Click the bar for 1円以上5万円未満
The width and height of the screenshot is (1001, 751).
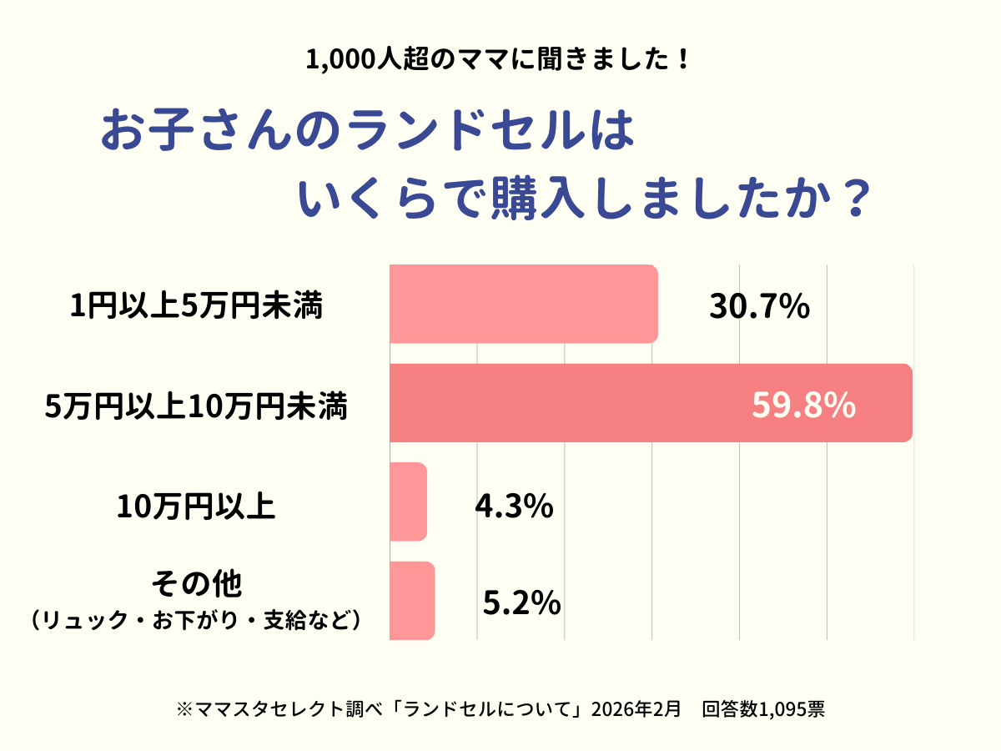[x=523, y=304]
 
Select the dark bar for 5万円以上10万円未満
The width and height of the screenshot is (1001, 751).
[x=651, y=403]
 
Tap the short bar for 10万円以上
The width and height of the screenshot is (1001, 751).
[x=409, y=502]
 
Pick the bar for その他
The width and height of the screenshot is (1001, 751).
[x=412, y=601]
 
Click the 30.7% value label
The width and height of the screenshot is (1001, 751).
[x=759, y=307]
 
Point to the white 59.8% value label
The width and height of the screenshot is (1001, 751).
[x=803, y=405]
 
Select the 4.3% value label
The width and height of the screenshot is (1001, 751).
[x=514, y=506]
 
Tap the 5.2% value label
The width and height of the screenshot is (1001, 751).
[x=521, y=602]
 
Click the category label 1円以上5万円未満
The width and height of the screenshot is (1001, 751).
[x=196, y=307]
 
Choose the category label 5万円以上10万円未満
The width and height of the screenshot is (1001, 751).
[x=196, y=407]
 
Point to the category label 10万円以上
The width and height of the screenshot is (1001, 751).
[x=196, y=507]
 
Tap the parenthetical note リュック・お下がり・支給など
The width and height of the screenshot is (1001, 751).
[x=196, y=621]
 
